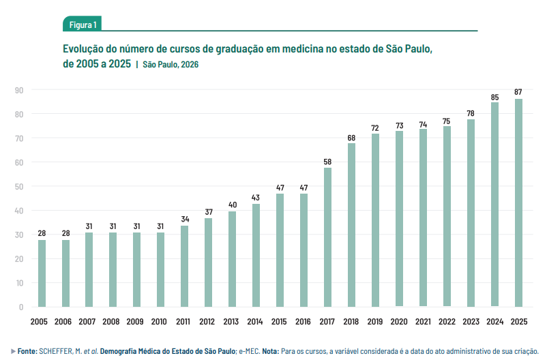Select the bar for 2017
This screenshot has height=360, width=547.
pos(327,237)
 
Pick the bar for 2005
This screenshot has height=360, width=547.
pos(42,273)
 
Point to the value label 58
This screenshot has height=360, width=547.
pos(327,162)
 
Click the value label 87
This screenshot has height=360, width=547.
pos(518,92)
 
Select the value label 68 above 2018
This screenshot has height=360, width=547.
pos(351,138)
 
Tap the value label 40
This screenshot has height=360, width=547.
pos(232,205)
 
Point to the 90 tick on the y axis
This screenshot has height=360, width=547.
pos(19,90)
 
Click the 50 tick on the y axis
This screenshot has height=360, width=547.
pos(19,186)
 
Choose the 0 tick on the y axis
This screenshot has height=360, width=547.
pos(21,307)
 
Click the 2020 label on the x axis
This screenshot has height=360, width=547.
pos(399,321)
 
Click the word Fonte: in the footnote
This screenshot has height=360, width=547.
pos(27,350)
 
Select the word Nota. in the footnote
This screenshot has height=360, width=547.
pos(267,350)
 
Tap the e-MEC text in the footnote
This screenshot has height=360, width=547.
pos(243,350)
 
